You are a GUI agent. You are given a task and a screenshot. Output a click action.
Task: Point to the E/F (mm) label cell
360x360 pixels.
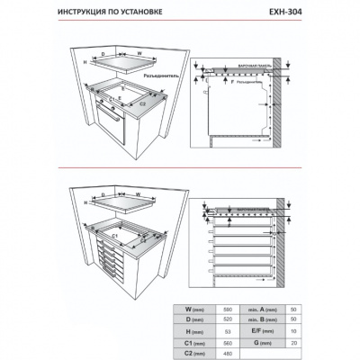click(x=263, y=331)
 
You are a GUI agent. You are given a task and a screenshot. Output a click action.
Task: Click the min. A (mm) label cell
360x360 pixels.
click(x=263, y=308)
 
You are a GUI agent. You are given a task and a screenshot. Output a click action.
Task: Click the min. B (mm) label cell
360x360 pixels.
click(x=263, y=319)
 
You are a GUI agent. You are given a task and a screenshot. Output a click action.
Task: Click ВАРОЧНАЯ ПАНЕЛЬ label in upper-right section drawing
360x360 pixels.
click(x=256, y=67)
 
